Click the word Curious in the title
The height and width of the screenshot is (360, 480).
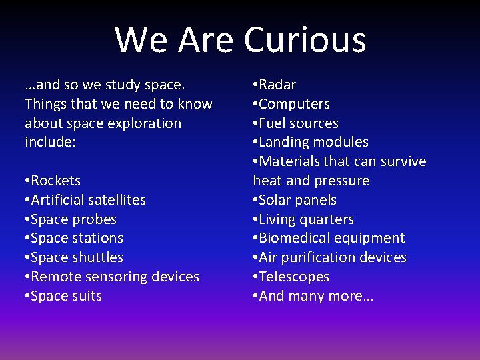[x=305, y=39]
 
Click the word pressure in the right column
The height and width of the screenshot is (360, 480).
[x=341, y=181]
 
